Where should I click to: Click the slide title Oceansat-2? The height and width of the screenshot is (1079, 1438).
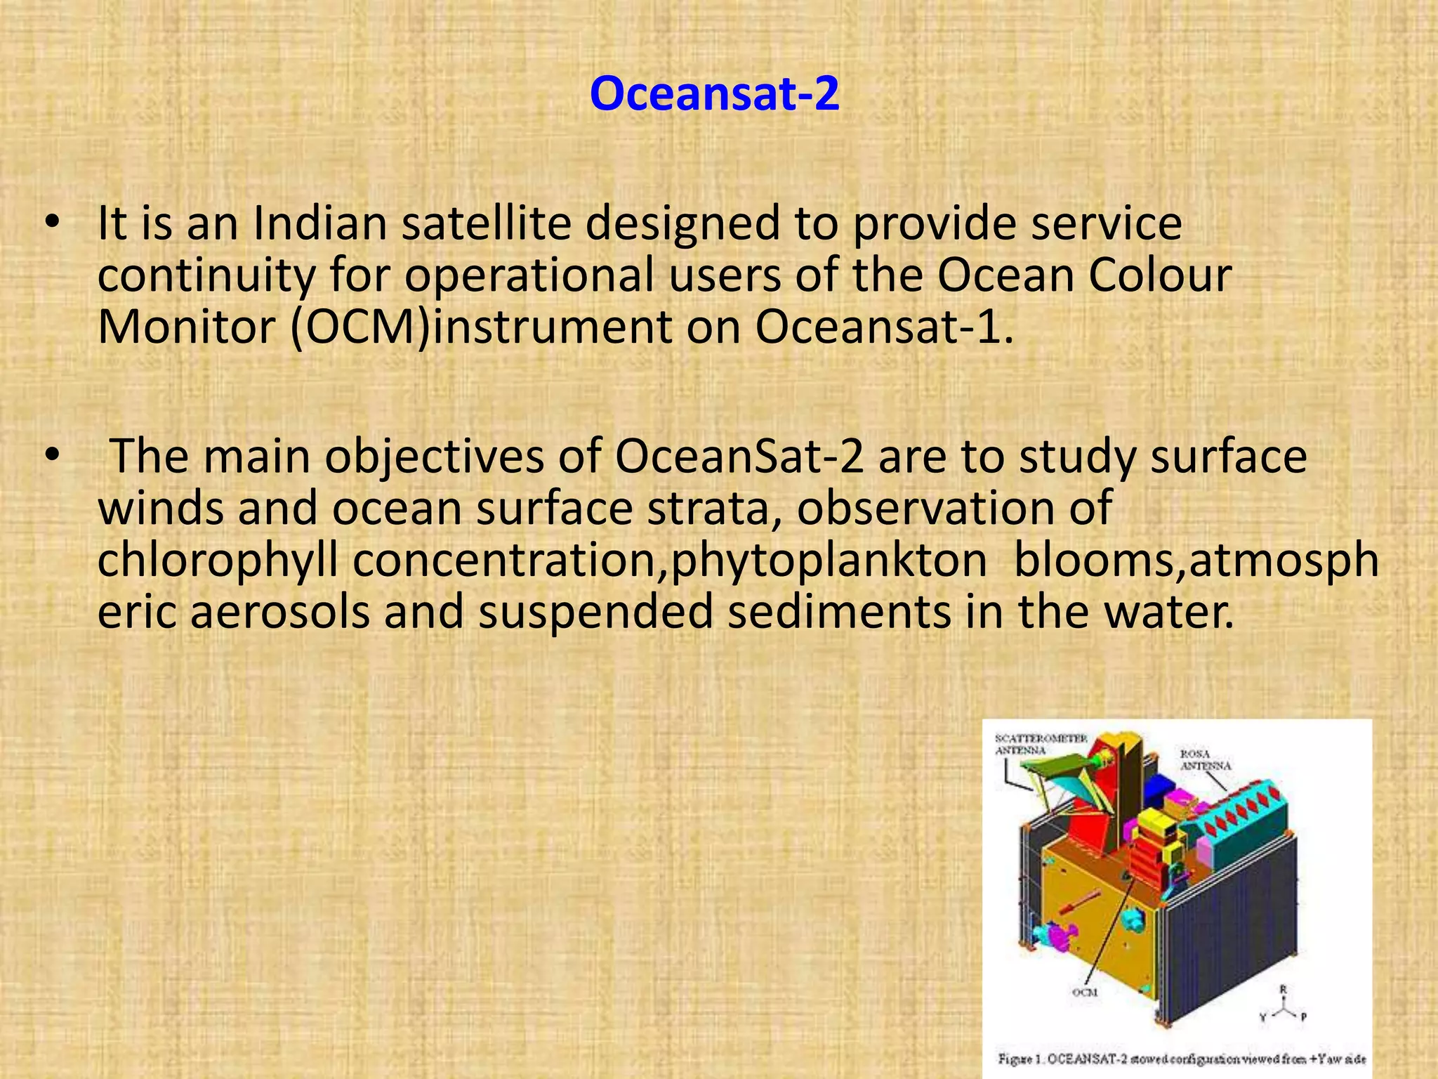tap(714, 93)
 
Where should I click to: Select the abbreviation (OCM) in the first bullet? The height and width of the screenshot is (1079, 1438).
tap(359, 327)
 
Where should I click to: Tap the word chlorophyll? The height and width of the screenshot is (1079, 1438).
tap(218, 561)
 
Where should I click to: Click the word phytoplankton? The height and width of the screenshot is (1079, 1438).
tap(829, 561)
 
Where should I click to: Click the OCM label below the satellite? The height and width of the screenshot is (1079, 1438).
tap(1084, 992)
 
